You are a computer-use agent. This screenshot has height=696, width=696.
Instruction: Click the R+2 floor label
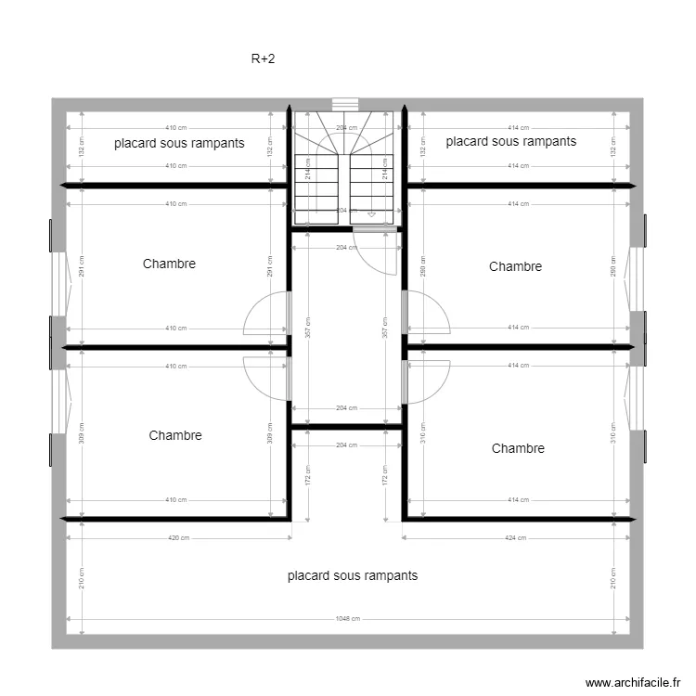pos(263,59)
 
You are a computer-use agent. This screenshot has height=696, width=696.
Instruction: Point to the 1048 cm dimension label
pos(348,619)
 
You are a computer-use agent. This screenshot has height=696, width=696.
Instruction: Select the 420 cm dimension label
pos(178,537)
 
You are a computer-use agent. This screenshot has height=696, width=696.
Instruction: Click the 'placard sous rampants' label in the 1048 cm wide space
pos(353,575)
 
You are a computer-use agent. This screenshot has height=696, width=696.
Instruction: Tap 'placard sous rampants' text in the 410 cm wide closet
pos(179,143)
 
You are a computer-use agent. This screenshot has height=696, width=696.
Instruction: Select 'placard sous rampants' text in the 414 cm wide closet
pos(511,141)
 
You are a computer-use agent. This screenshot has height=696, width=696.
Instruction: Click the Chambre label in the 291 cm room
pos(169,264)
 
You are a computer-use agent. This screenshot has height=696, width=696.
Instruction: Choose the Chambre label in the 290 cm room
pos(515,266)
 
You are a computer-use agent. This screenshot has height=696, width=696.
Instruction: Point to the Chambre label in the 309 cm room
pos(174,435)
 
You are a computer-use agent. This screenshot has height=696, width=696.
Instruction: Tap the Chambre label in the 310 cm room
pos(518,448)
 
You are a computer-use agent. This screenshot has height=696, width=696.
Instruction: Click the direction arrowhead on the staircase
pos(372,214)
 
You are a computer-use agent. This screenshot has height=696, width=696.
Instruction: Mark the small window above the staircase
pos(345,104)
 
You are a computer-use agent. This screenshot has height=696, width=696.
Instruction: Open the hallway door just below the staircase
pos(380,251)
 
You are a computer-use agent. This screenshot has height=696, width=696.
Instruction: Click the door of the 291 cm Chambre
pos(267,314)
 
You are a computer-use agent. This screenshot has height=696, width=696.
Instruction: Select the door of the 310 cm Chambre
pos(427,380)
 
